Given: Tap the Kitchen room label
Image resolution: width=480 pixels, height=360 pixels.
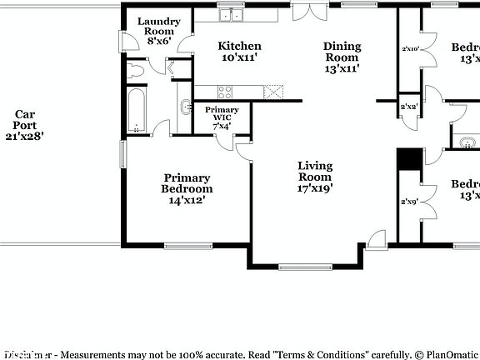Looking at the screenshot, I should (239, 52).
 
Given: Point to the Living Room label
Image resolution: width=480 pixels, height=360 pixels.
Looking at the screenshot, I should (315, 177).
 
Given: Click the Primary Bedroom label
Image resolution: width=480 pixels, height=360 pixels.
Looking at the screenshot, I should (187, 188).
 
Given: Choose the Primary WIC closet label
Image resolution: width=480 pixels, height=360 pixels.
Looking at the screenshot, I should (221, 117).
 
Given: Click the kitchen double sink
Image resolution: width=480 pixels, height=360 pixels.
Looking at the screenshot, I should (230, 14).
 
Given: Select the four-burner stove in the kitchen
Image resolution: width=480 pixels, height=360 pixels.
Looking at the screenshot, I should (228, 90).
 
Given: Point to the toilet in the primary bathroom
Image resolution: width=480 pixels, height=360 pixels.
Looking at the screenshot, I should (137, 72).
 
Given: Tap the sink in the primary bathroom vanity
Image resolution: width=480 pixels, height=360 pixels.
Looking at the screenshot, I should (184, 107).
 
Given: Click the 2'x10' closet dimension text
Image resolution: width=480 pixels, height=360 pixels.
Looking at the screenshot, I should (409, 48).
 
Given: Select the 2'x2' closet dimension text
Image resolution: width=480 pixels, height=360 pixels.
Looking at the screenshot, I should (408, 107).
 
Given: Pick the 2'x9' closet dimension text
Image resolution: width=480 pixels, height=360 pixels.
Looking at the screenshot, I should (408, 201).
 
